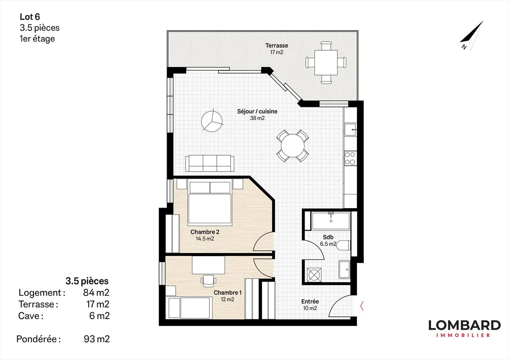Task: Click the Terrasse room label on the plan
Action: (276, 46)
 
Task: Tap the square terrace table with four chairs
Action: (326, 63)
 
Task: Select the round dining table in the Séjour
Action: (292, 146)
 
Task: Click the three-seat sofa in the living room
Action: (210, 163)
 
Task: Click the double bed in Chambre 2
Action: (210, 203)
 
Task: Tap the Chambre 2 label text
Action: (205, 232)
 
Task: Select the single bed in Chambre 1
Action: (189, 307)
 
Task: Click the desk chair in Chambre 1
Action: (209, 280)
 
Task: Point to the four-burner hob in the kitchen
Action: (350, 158)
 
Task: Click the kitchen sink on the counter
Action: (350, 130)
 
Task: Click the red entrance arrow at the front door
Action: (362, 306)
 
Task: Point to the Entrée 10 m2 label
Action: (310, 305)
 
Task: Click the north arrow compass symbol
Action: (472, 36)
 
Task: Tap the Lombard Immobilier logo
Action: (464, 329)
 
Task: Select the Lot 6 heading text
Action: (30, 17)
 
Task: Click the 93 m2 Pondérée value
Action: (96, 339)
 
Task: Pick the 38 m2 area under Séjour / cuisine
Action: (257, 118)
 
